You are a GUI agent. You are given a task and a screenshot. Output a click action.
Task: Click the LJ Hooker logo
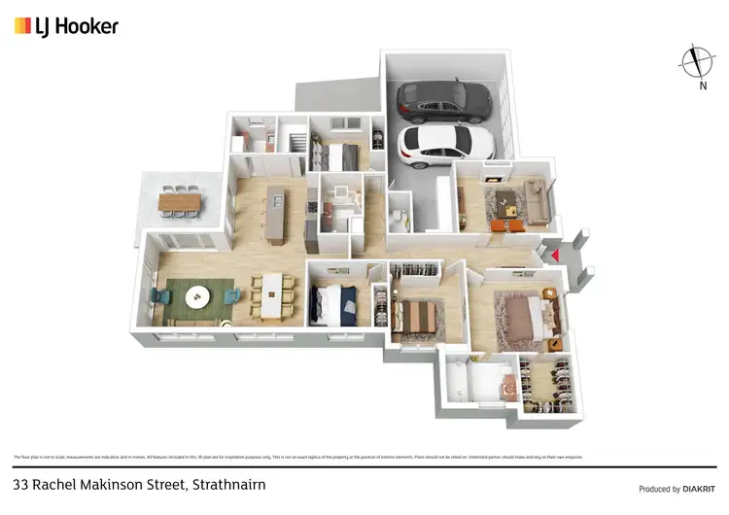point(66,26)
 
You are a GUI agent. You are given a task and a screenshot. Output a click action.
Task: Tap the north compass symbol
point(696,62)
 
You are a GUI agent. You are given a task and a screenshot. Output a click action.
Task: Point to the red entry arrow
point(555,255)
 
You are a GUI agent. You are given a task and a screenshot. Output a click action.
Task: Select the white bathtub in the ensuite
point(477,383)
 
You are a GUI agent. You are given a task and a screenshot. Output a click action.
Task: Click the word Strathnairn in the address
point(229,483)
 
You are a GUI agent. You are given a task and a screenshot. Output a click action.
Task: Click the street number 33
point(21,483)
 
